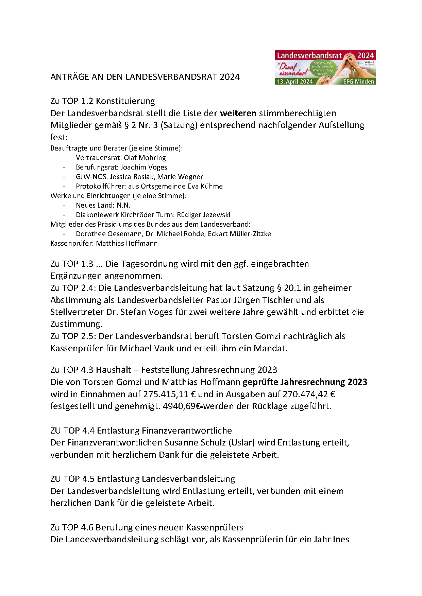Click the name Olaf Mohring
click(145, 158)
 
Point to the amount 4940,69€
click(181, 406)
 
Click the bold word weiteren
click(238, 113)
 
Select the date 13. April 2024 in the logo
click(294, 82)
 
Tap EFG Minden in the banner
click(358, 82)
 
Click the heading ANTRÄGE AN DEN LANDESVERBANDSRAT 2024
click(145, 77)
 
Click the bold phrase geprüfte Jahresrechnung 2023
click(305, 382)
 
